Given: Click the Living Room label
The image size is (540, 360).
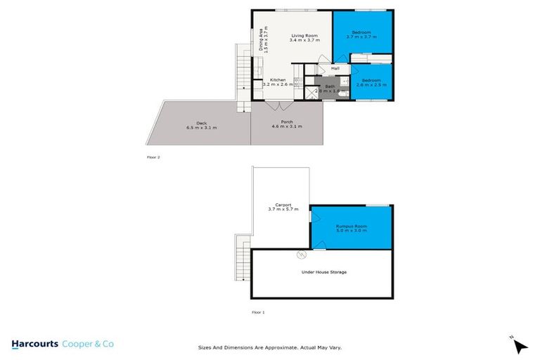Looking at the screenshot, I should point(304,36).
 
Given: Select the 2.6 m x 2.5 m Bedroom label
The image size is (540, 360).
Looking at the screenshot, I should point(371,81).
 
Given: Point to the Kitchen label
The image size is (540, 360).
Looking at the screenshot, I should point(278,80).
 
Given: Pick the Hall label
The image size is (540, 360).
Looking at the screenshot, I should point(335,68).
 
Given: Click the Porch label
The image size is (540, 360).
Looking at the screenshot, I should point(286,122).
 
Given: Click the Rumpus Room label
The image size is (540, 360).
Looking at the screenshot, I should point(351,225).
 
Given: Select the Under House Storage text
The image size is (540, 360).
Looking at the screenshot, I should point(323,272).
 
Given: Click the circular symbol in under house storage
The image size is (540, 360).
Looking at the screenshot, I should point(301,254).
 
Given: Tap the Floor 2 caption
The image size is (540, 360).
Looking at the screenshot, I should point(154,157).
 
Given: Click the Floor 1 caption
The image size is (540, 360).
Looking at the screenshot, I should point(258,311).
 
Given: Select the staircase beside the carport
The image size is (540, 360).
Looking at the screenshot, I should point(243,258).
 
